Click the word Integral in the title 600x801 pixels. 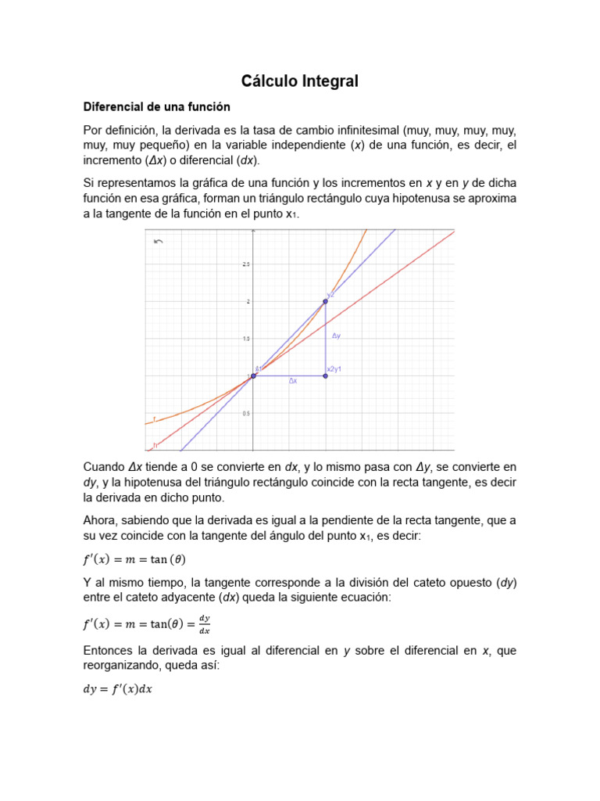pos(329,81)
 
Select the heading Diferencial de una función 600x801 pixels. pos(157,106)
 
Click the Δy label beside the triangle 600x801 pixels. pos(336,336)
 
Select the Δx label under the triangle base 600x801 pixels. pos(292,381)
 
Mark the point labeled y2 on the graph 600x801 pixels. pos(326,301)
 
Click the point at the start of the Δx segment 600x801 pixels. pos(253,376)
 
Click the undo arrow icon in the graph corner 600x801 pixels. pos(159,242)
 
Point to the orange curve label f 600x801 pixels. pos(154,420)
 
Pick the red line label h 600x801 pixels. pos(155,445)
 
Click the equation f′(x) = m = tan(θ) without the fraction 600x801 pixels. pos(134,559)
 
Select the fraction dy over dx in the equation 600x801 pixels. pos(205,625)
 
